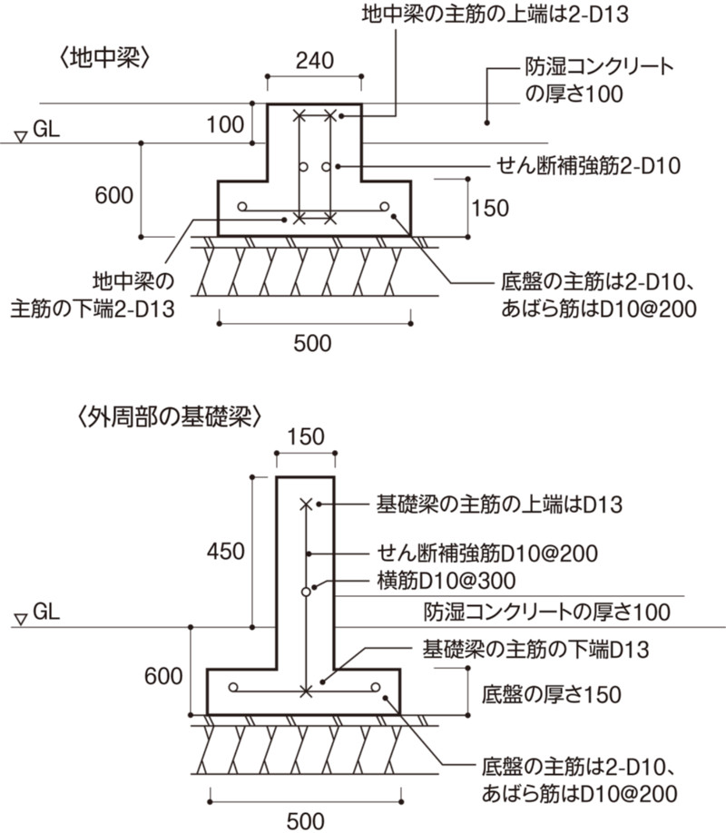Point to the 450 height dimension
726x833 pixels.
[224, 550]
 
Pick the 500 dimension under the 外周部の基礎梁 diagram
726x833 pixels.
[304, 822]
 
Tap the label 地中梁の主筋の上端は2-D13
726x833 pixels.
[495, 15]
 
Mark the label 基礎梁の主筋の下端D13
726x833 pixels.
[515, 650]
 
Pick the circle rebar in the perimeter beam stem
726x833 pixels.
[306, 591]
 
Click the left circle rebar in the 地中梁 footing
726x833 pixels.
[242, 207]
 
